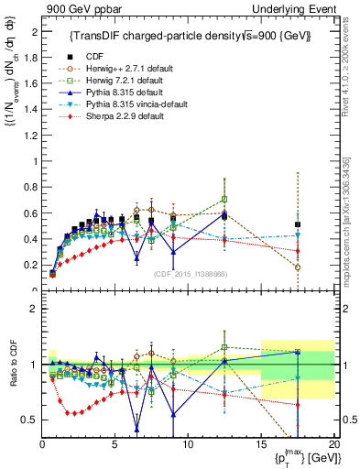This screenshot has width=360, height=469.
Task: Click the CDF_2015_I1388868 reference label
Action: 190,274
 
